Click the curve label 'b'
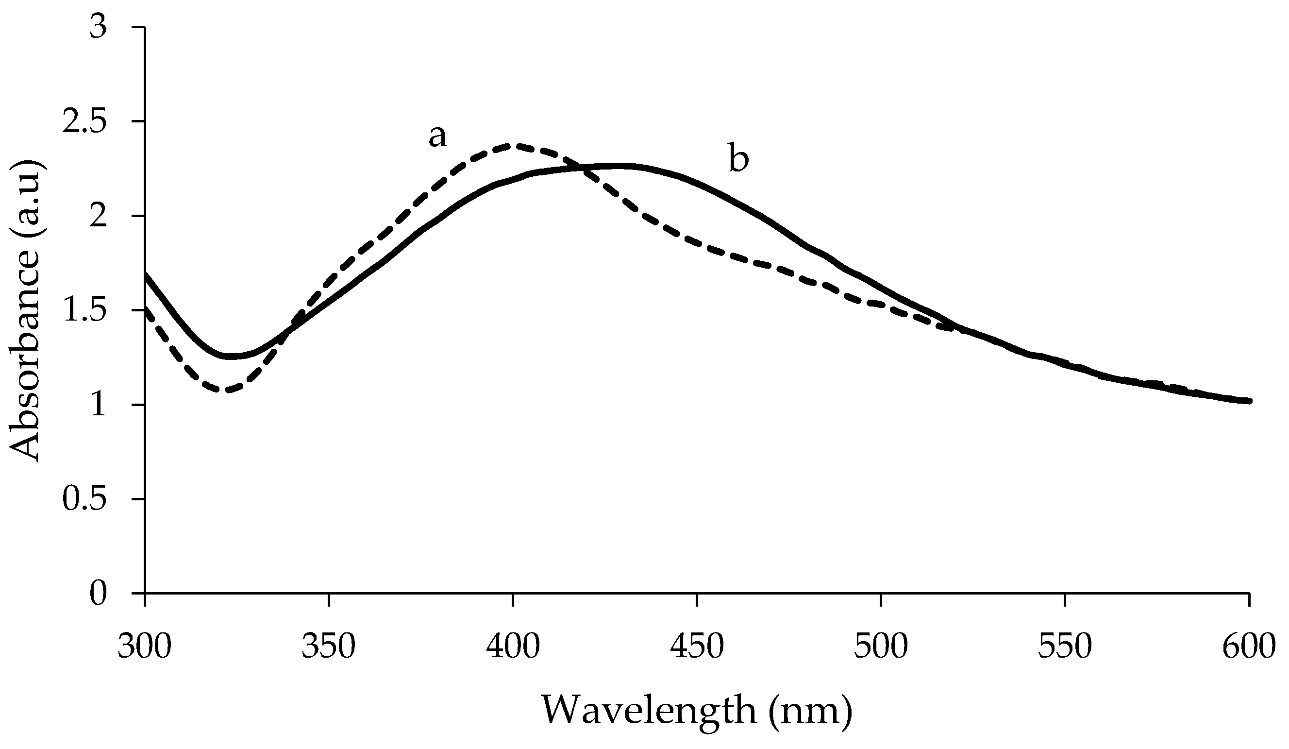pos(738,159)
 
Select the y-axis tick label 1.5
pos(84,310)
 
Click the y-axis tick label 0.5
pos(84,499)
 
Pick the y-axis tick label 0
pos(98,594)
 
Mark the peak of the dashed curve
pos(512,146)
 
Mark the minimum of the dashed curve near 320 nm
pos(227,391)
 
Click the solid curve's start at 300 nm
pos(146,275)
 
